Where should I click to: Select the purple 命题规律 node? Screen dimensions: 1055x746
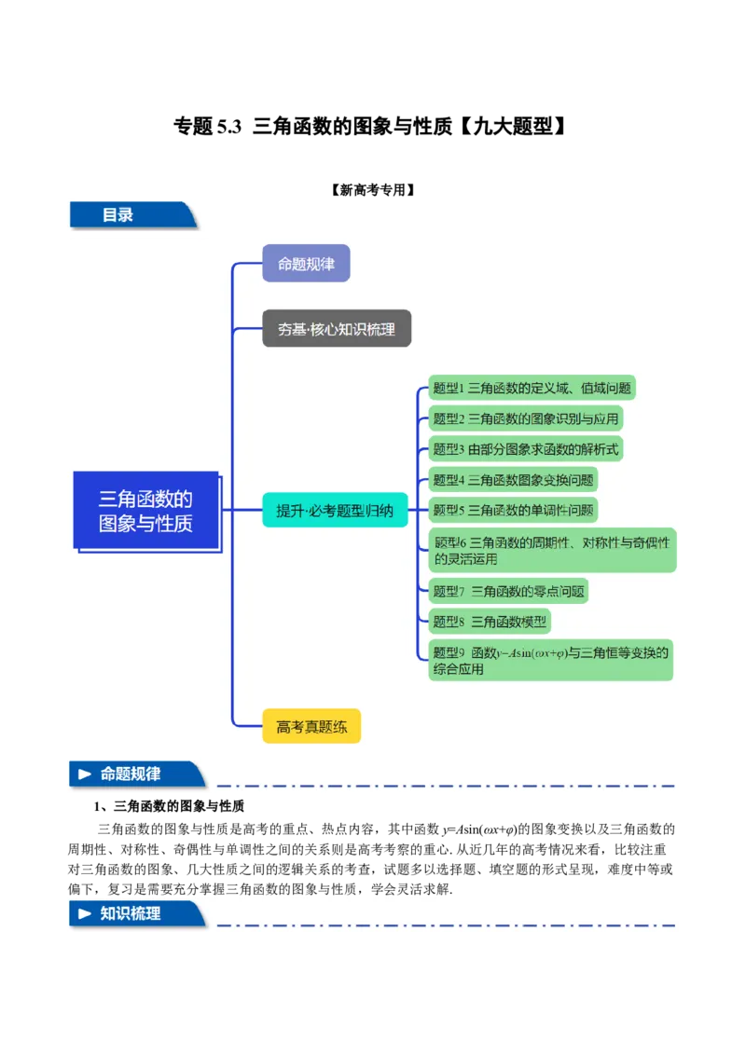pos(306,264)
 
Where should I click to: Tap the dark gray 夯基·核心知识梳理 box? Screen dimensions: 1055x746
pos(337,329)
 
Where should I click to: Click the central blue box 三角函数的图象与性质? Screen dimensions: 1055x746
pos(145,512)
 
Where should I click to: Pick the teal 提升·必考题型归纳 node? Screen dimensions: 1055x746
pos(335,510)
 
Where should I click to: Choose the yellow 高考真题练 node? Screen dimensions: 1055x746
pos(311,726)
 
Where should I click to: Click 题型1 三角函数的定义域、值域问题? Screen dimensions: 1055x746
pos(532,388)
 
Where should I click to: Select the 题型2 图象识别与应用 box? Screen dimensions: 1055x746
pos(526,418)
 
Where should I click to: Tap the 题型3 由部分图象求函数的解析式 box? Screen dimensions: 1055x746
pos(525,449)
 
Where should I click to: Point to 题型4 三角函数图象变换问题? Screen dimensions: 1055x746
pos(513,480)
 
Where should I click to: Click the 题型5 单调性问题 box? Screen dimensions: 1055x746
pos(513,510)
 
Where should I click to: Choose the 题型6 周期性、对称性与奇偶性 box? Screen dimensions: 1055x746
pos(552,550)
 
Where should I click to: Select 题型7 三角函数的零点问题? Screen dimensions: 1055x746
pos(509,591)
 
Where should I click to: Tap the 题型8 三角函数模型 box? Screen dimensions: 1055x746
pos(490,622)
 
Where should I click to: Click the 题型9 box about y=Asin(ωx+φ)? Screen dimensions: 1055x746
pos(550,660)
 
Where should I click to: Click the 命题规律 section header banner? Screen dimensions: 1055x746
pos(136,774)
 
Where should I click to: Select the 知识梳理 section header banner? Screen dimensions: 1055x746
pos(136,914)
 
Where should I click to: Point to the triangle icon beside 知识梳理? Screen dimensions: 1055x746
pos(85,914)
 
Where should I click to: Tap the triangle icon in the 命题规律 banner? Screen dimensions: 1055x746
pos(85,774)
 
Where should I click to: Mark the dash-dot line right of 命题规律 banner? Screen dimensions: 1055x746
pos(446,786)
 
